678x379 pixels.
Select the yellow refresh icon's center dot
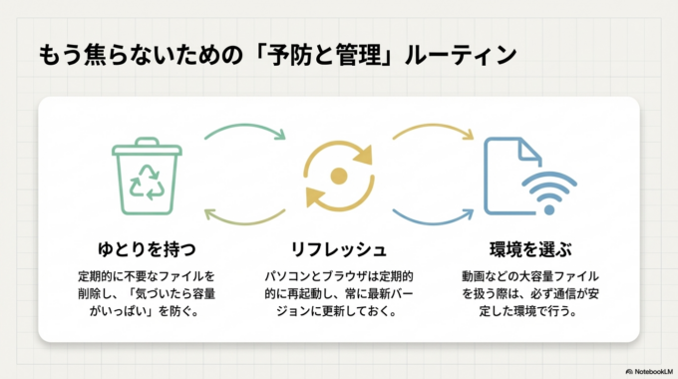coord(338,177)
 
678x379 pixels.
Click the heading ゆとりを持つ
coord(147,246)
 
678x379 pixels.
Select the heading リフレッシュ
coord(338,246)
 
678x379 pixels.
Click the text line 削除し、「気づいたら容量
coord(147,293)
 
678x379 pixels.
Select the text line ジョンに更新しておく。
coord(338,312)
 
